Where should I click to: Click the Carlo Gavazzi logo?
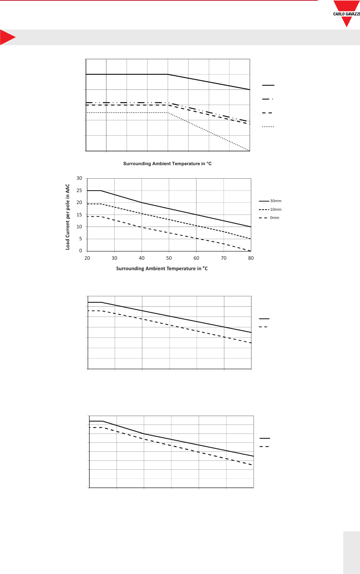coord(347,13)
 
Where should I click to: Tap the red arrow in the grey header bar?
coord(7,37)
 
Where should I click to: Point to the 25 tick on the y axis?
coord(79,191)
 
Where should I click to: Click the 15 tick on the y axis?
coord(79,215)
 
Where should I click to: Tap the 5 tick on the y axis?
coord(80,239)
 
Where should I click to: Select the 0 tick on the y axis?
coord(80,251)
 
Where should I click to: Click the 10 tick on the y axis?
coord(79,227)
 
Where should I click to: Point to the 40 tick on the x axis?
coord(142,258)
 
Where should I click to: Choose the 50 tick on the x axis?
coord(169,258)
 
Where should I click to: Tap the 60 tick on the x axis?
coord(196,258)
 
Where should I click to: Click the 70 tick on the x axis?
coord(224,258)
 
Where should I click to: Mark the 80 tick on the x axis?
coord(251,258)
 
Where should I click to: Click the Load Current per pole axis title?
coord(68,217)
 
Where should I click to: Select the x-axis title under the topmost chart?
coord(167,164)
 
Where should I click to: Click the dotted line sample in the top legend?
coord(268,127)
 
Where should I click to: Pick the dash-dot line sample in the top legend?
coord(268,99)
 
